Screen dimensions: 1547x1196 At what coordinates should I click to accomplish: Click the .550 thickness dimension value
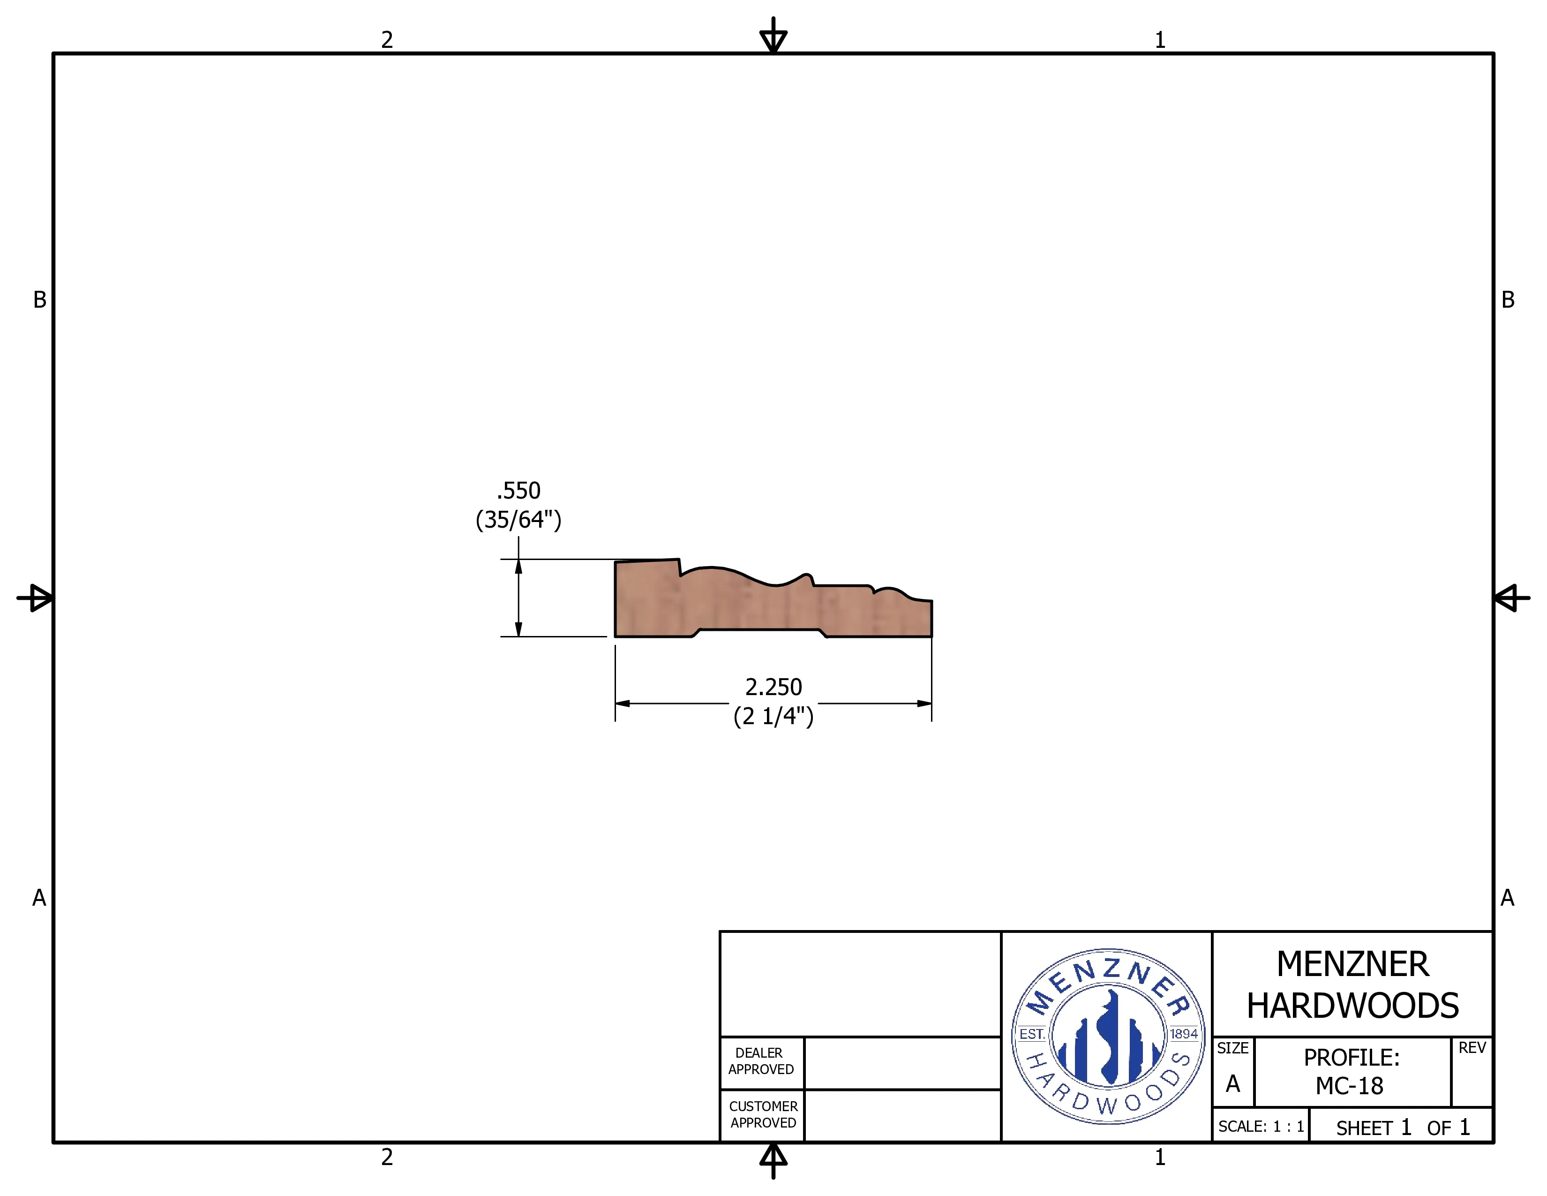[x=518, y=490]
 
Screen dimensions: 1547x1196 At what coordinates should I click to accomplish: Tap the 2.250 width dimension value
[x=773, y=687]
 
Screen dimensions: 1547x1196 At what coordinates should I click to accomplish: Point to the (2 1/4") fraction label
[x=773, y=716]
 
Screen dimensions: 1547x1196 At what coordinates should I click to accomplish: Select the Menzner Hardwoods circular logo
[x=1108, y=1036]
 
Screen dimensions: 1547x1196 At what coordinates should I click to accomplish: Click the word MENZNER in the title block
[x=1352, y=964]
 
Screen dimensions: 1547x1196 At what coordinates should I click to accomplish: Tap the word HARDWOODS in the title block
[x=1352, y=1006]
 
